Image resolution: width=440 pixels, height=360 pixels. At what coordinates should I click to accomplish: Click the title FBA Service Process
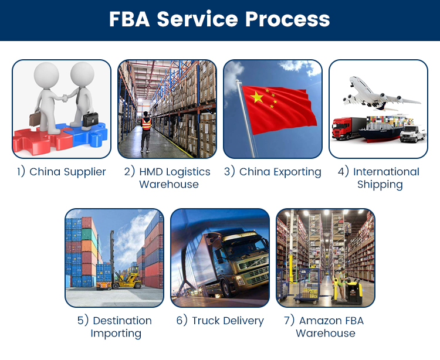coord(219,19)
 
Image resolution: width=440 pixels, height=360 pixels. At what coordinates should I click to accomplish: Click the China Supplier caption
coord(62,172)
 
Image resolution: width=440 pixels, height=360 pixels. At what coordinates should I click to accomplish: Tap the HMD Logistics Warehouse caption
coord(167,178)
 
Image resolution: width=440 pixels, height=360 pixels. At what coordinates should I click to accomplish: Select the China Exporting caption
coord(273,172)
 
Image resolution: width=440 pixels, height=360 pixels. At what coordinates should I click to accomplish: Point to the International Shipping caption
coord(378,178)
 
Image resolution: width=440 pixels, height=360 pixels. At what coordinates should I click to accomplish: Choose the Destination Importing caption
coord(114,327)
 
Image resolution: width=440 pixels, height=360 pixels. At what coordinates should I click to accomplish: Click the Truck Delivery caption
coord(220,321)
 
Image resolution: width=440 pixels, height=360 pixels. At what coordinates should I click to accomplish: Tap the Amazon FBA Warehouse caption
coord(326,327)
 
